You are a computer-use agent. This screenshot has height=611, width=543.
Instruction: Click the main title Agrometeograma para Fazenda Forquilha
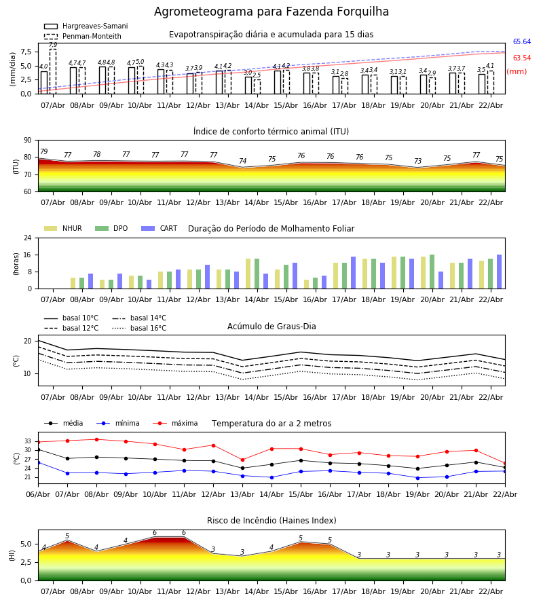pyautogui.click(x=271, y=12)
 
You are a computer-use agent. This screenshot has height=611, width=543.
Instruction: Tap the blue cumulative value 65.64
pyautogui.click(x=521, y=42)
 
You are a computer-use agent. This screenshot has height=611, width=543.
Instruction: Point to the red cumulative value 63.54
pyautogui.click(x=521, y=58)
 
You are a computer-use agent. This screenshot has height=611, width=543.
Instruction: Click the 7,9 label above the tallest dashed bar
pyautogui.click(x=53, y=45)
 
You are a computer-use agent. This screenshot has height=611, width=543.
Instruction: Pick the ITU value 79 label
pyautogui.click(x=44, y=152)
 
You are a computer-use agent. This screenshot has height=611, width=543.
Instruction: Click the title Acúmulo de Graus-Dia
pyautogui.click(x=271, y=327)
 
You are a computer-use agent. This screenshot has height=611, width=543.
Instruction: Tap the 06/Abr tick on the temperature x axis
pyautogui.click(x=38, y=494)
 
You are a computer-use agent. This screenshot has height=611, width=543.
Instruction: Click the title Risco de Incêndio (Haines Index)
pyautogui.click(x=271, y=521)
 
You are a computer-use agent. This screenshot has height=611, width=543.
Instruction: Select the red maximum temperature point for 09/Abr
pyautogui.click(x=126, y=441)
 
